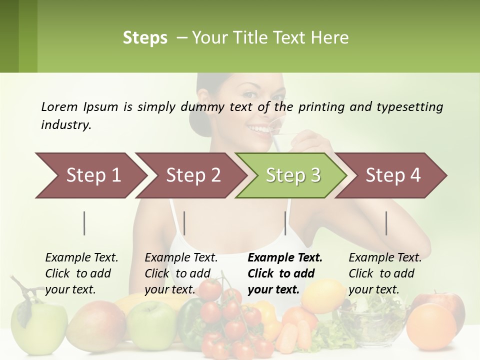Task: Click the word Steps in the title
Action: point(145,38)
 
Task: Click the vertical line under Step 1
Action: point(84,223)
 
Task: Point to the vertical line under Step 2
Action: point(184,223)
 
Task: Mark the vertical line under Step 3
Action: point(285,223)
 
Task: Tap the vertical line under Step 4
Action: point(386,223)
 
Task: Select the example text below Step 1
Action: point(81,273)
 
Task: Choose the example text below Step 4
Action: point(385,273)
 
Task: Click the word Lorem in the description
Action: point(58,106)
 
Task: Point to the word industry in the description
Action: point(65,125)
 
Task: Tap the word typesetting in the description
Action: point(413,106)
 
